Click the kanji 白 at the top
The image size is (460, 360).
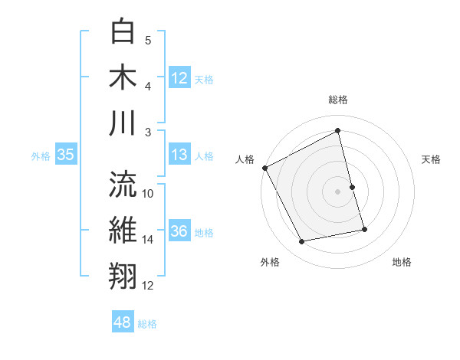(x=123, y=33)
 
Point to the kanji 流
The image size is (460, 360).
(x=123, y=184)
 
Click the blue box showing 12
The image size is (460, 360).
(x=179, y=78)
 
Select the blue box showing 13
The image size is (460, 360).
(x=179, y=155)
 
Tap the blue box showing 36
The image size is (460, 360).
(x=179, y=232)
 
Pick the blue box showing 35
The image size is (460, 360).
(x=65, y=155)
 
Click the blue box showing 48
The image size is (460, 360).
(x=122, y=322)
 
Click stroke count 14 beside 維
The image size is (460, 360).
(x=148, y=240)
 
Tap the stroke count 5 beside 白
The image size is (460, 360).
(x=148, y=41)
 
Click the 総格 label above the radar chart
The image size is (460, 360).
(x=338, y=100)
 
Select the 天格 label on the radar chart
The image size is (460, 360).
(x=432, y=159)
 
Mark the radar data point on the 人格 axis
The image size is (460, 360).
(x=264, y=167)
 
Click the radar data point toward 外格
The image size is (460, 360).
(x=302, y=242)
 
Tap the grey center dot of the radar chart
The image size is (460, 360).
(x=338, y=191)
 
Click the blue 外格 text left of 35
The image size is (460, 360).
(x=41, y=156)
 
